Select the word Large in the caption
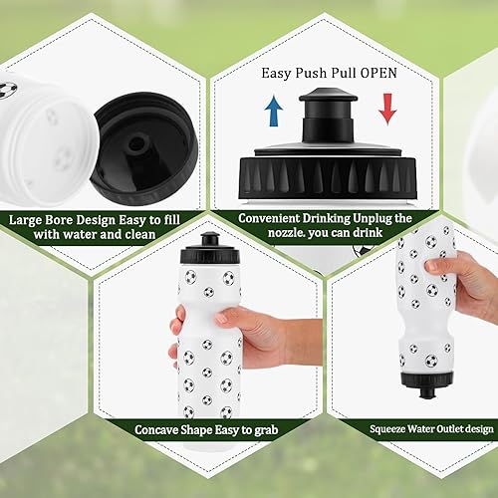click(x=31, y=220)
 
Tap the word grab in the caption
click(x=265, y=429)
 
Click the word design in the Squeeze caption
click(x=474, y=429)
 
